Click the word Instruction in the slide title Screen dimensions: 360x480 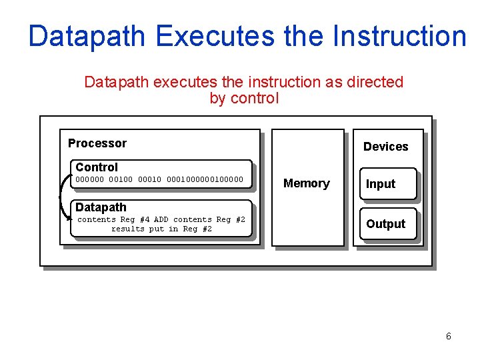[399, 36]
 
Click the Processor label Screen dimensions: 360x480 [97, 143]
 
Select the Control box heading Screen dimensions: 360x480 [97, 167]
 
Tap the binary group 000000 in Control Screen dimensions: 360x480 [90, 179]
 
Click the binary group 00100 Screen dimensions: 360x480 [121, 179]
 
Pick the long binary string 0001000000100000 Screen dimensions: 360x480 [205, 179]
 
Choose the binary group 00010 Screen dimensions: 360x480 [149, 179]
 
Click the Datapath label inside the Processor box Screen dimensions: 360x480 [101, 207]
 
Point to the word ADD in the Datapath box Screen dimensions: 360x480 [161, 219]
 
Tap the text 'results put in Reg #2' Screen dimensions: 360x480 [161, 229]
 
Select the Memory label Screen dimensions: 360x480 [307, 183]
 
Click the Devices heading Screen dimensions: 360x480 [385, 147]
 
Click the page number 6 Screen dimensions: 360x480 [448, 336]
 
